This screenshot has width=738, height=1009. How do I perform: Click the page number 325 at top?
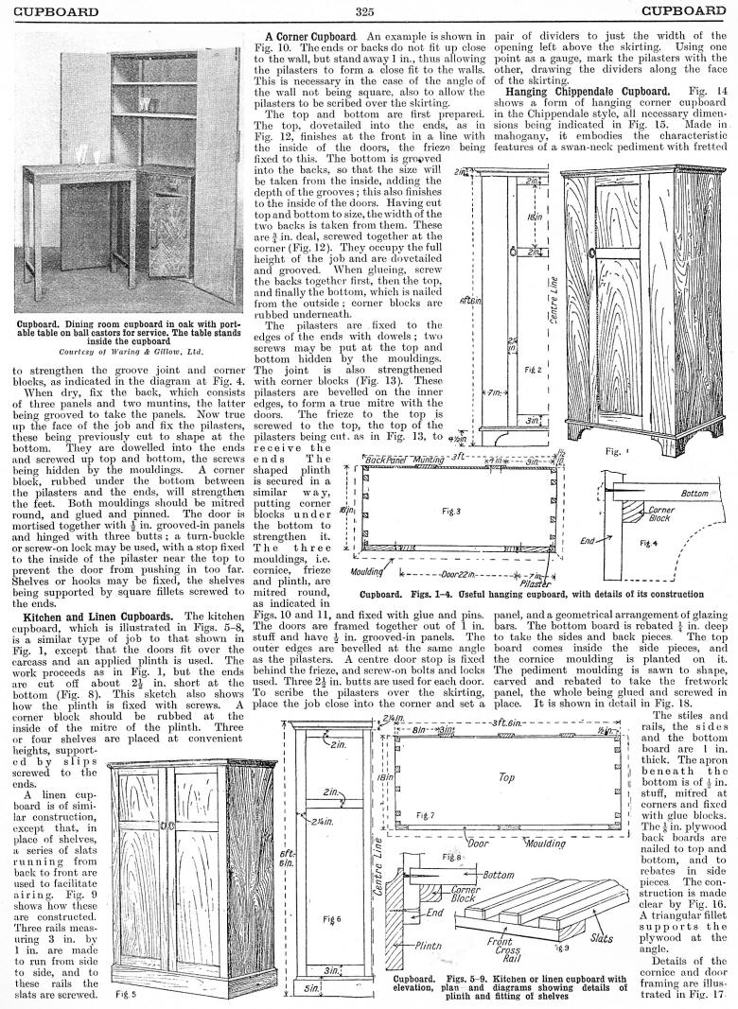click(x=367, y=11)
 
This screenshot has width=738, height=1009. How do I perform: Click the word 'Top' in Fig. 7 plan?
click(x=506, y=777)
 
